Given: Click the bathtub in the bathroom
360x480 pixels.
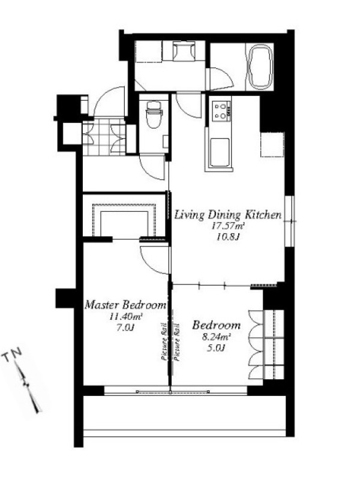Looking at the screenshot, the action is [x=260, y=67].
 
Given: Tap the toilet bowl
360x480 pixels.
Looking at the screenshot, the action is [x=154, y=114].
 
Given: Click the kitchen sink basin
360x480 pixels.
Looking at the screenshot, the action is [x=219, y=152].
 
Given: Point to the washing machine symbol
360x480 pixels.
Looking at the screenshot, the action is [x=184, y=51].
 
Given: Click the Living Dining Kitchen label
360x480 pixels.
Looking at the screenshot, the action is [x=228, y=215].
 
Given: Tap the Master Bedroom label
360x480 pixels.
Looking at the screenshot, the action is [x=125, y=305].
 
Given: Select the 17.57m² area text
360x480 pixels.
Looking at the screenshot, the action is [x=228, y=227].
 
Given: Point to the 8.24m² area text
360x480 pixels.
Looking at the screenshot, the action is [x=216, y=337].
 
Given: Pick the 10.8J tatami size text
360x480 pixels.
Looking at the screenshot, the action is [x=227, y=237].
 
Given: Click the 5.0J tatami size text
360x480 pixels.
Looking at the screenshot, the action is [x=216, y=348].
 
